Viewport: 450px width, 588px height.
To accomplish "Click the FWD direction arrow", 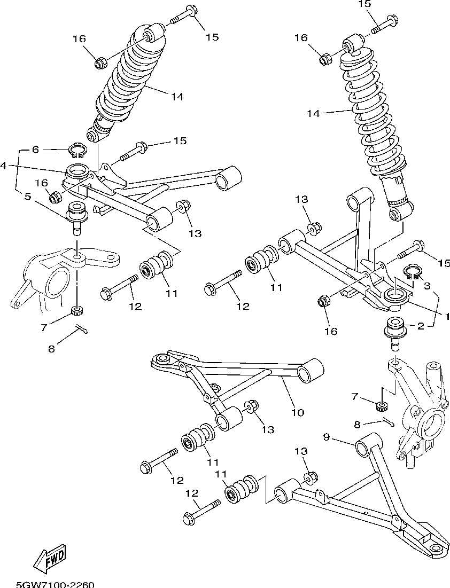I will coord(50,559).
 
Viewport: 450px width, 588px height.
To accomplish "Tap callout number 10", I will coord(297,412).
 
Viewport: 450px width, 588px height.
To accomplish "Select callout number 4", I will coord(4,166).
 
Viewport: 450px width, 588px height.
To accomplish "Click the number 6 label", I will coord(35,150).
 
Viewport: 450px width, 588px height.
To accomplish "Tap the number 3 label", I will coord(427,286).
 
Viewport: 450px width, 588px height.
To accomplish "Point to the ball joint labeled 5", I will coord(76,216).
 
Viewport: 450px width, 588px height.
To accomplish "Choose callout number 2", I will coord(421,326).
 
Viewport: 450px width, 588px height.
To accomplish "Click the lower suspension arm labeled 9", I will coord(369,497).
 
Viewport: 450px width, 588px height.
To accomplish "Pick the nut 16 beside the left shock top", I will coord(100,64).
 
